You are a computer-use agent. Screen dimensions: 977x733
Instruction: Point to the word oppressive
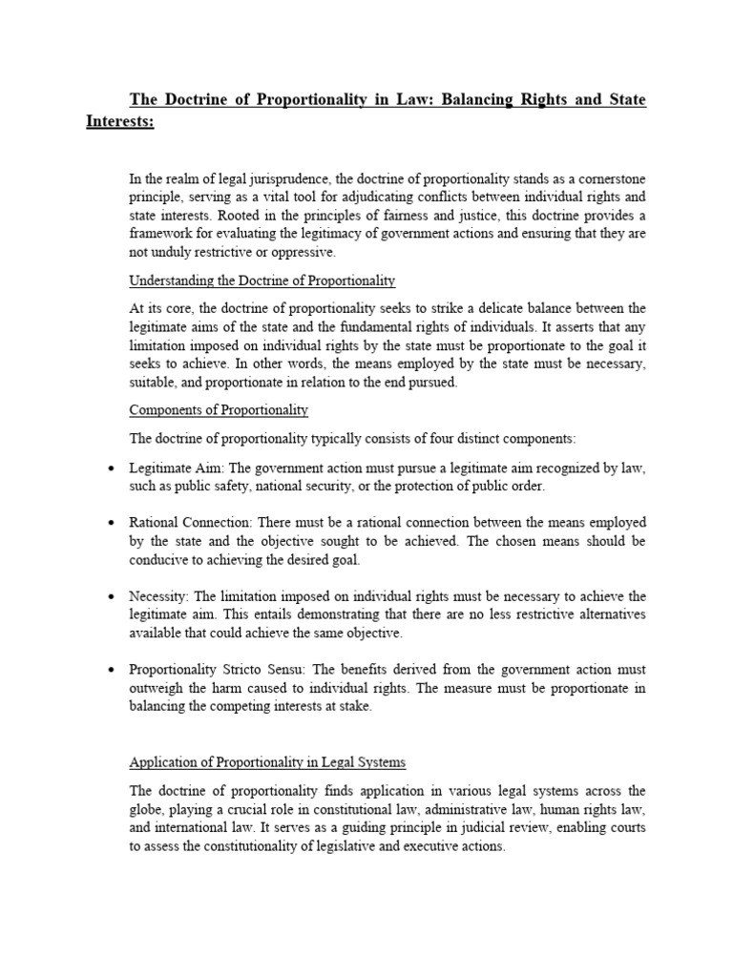pyautogui.click(x=304, y=253)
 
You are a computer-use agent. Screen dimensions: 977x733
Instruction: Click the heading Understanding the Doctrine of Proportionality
pyautogui.click(x=262, y=281)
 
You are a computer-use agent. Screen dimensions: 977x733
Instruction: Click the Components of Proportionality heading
pyautogui.click(x=219, y=410)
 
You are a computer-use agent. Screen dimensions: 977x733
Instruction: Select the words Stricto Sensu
pyautogui.click(x=258, y=669)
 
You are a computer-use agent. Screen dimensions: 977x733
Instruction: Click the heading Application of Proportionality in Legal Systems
pyautogui.click(x=267, y=762)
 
